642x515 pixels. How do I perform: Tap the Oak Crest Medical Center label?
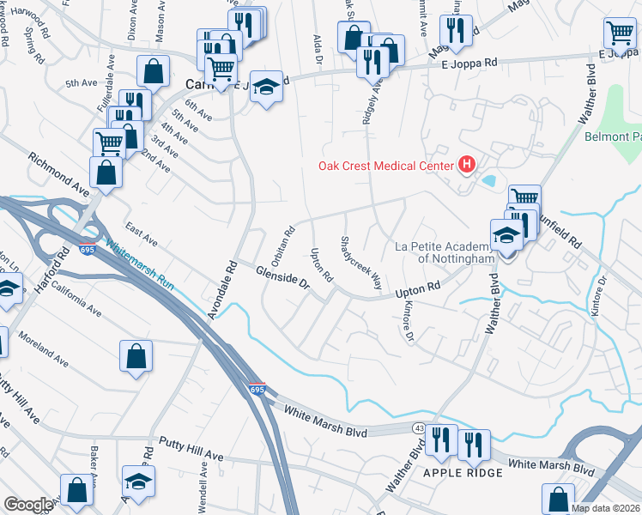coord(388,166)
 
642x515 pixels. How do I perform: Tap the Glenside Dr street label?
coord(282,282)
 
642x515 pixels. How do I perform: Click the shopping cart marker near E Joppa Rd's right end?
coord(619,33)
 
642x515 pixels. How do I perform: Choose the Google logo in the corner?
coord(27,505)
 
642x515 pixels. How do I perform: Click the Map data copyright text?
coord(606,508)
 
